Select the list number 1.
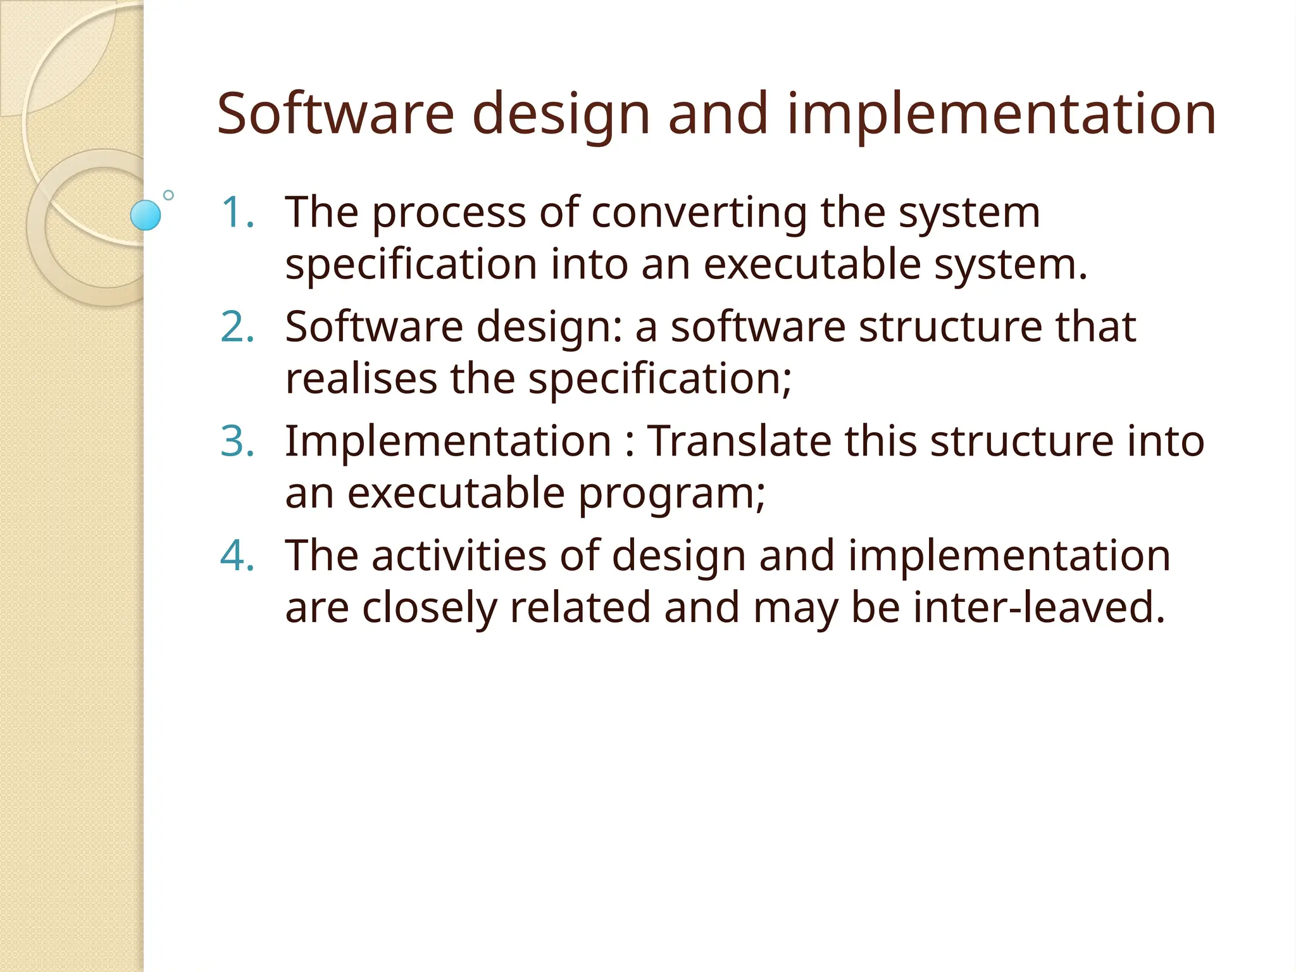coord(237,212)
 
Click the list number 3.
coord(237,441)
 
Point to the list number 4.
coord(237,556)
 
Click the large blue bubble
coord(146,215)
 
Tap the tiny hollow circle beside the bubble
coord(168,195)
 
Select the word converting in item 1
coord(699,212)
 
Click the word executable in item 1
coord(812,264)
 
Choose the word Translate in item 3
coord(738,441)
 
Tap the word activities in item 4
coord(459,556)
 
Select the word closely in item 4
coord(430,607)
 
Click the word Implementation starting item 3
coord(448,441)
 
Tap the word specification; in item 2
coord(659,380)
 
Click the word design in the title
coord(561,116)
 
